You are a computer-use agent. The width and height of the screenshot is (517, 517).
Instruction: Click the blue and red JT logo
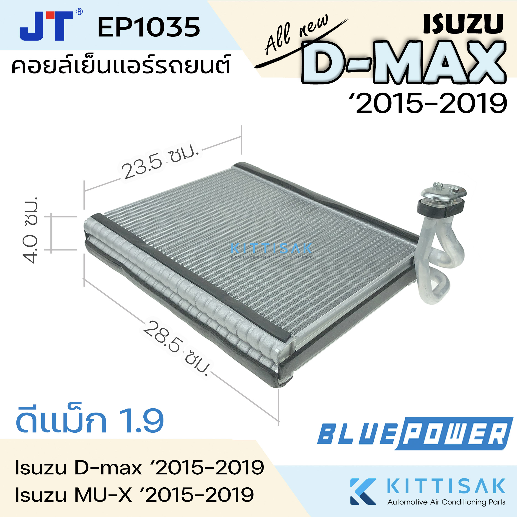coord(46,26)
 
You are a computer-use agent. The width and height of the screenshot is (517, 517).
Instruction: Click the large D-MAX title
coord(404,63)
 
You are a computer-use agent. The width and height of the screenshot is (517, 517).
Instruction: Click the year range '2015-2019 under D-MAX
coord(431,103)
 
